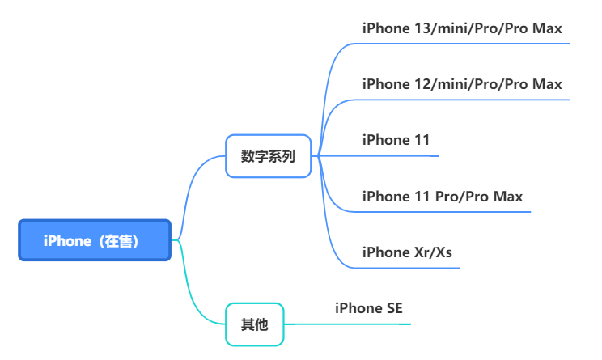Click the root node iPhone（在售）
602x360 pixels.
coord(95,240)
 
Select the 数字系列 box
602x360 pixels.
coord(268,156)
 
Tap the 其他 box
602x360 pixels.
coord(255,324)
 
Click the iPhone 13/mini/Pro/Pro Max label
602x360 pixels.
coord(462,28)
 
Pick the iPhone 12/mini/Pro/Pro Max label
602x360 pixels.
coord(462,84)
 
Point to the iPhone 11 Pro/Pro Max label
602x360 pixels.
coord(443,197)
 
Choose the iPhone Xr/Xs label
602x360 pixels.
coord(407,252)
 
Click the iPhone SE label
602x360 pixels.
coord(369,308)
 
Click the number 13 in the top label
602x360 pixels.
coord(422,28)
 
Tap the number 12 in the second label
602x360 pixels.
coord(422,84)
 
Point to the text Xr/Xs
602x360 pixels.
coord(433,252)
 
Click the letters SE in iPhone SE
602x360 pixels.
coord(395,308)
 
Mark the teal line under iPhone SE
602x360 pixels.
coord(347,324)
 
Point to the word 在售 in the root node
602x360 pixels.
coord(119,241)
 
